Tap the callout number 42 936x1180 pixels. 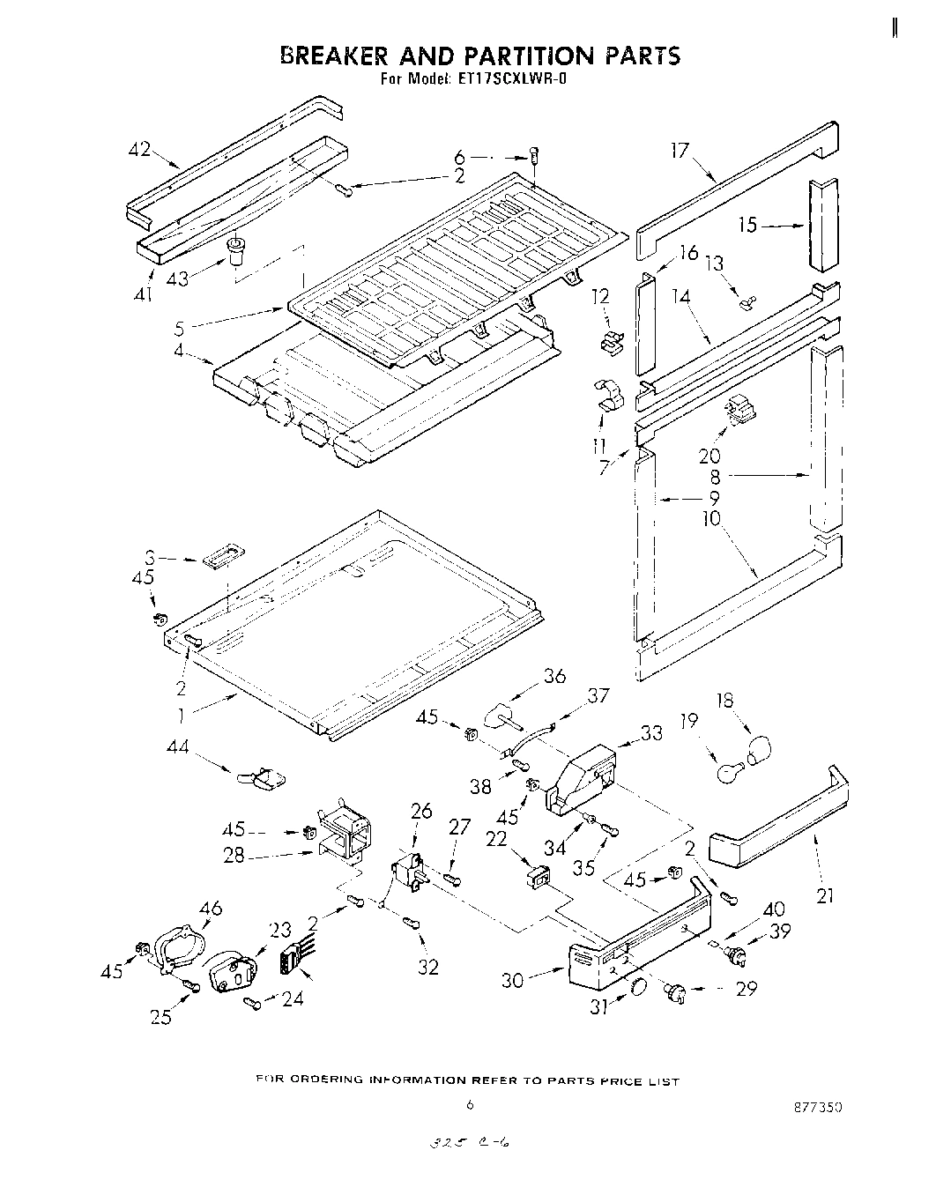(x=139, y=151)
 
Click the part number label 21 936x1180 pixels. (x=825, y=896)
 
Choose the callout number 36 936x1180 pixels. (x=554, y=677)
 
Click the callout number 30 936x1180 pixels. (x=513, y=979)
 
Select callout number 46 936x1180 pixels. (x=212, y=909)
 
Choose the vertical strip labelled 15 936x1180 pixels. (x=823, y=226)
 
